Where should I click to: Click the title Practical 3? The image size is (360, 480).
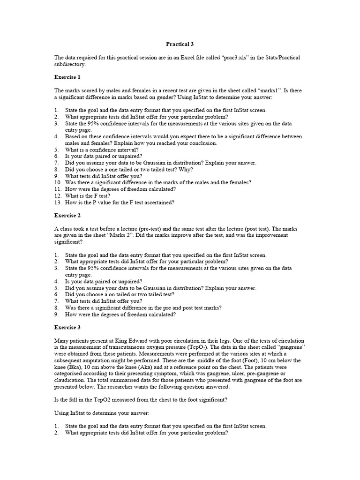coord(180,44)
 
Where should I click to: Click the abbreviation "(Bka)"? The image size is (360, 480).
coord(63,367)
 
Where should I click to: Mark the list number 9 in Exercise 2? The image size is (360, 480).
coord(56,315)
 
